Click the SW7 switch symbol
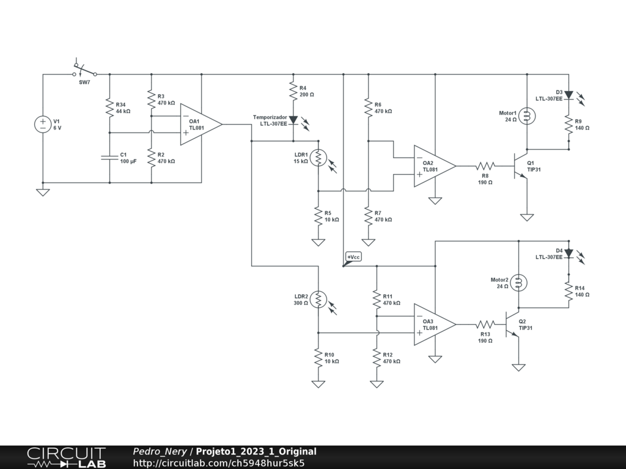pyautogui.click(x=84, y=70)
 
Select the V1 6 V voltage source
pyautogui.click(x=43, y=125)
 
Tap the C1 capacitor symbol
pyautogui.click(x=110, y=158)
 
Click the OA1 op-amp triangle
pyautogui.click(x=201, y=125)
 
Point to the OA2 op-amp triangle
pyautogui.click(x=435, y=166)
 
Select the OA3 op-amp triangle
pyautogui.click(x=435, y=324)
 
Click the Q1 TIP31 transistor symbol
pyautogui.click(x=521, y=166)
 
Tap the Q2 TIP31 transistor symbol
pyautogui.click(x=512, y=324)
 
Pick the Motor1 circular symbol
pyautogui.click(x=527, y=116)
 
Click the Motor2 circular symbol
pyautogui.click(x=518, y=283)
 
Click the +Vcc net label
pyautogui.click(x=353, y=258)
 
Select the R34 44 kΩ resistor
pyautogui.click(x=110, y=107)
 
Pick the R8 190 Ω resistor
pyautogui.click(x=485, y=166)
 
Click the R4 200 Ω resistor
pyautogui.click(x=293, y=92)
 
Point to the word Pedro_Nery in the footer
pyautogui.click(x=160, y=451)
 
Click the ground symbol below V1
pyautogui.click(x=43, y=192)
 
